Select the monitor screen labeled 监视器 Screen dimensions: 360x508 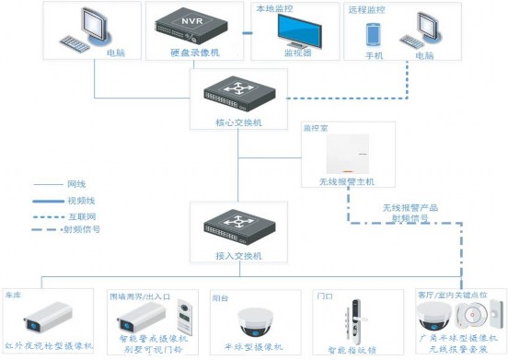coord(294,32)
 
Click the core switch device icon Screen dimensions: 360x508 coord(238,92)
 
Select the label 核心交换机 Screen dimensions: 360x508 coord(238,121)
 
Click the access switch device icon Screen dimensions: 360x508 coord(238,224)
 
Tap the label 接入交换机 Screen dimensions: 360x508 coord(238,254)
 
